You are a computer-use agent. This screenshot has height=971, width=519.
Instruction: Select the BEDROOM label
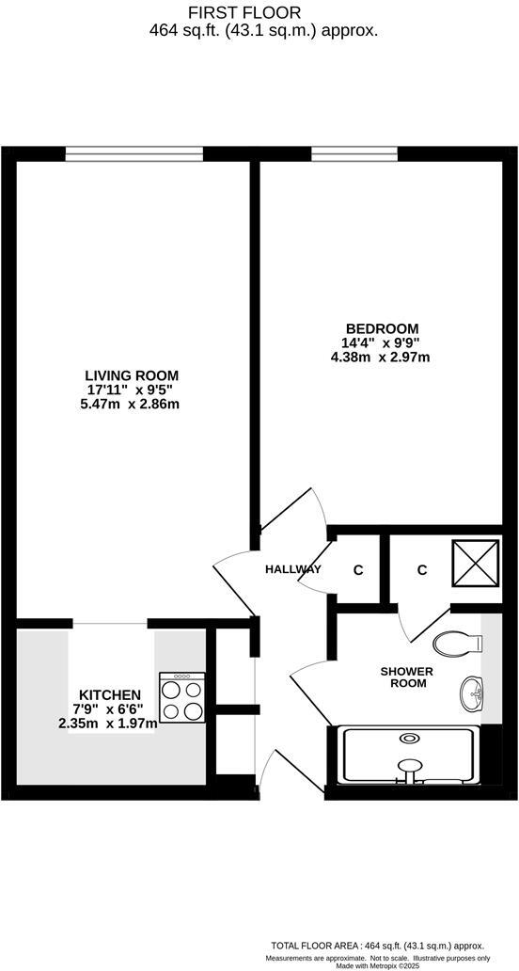click(x=381, y=328)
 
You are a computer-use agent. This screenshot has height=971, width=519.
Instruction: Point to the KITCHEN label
click(x=110, y=694)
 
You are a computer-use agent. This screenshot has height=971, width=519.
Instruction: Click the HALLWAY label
click(x=293, y=569)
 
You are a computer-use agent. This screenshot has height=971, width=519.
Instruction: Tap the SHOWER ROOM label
click(x=407, y=677)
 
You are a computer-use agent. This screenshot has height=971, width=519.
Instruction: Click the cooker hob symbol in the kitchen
click(x=182, y=699)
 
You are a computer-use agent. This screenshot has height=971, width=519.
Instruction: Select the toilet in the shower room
click(x=457, y=645)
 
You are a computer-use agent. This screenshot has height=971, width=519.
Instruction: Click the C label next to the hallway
click(x=358, y=570)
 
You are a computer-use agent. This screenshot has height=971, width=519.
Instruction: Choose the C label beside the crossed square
click(x=422, y=569)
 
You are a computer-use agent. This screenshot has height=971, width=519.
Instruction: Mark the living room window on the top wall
click(x=134, y=151)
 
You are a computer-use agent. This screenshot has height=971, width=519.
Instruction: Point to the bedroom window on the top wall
click(x=354, y=151)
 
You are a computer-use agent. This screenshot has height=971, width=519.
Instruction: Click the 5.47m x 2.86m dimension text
click(x=130, y=404)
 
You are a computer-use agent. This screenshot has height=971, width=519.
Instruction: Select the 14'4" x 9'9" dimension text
click(x=381, y=343)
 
